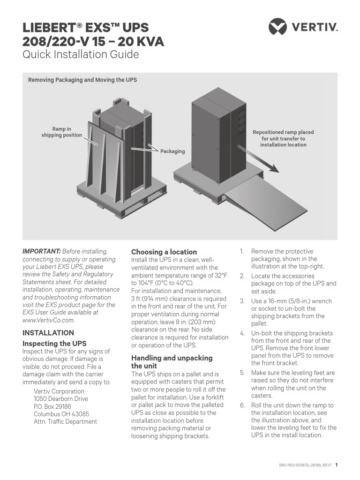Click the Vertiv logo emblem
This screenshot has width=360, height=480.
click(277, 26)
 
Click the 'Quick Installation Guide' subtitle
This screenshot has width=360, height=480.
click(81, 54)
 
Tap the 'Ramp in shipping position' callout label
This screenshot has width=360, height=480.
click(62, 132)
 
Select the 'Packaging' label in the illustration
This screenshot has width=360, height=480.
click(172, 151)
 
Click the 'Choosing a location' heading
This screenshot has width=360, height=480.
click(164, 252)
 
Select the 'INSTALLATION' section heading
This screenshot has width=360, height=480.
click(48, 333)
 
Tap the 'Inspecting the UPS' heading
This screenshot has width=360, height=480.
click(54, 344)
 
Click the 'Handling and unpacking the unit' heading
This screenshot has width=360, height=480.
click(172, 361)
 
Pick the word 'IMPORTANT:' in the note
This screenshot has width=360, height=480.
click(41, 252)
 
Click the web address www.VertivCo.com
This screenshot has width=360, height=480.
click(48, 320)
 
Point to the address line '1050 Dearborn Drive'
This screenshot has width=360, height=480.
click(61, 399)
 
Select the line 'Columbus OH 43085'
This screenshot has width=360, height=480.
click(61, 414)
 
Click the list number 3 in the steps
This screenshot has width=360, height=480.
click(242, 301)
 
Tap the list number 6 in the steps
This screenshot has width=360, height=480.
click(242, 405)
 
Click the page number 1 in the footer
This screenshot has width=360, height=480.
click(337, 465)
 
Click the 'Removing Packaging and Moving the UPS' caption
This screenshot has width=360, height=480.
click(82, 80)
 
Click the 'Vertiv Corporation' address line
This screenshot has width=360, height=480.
click(59, 391)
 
